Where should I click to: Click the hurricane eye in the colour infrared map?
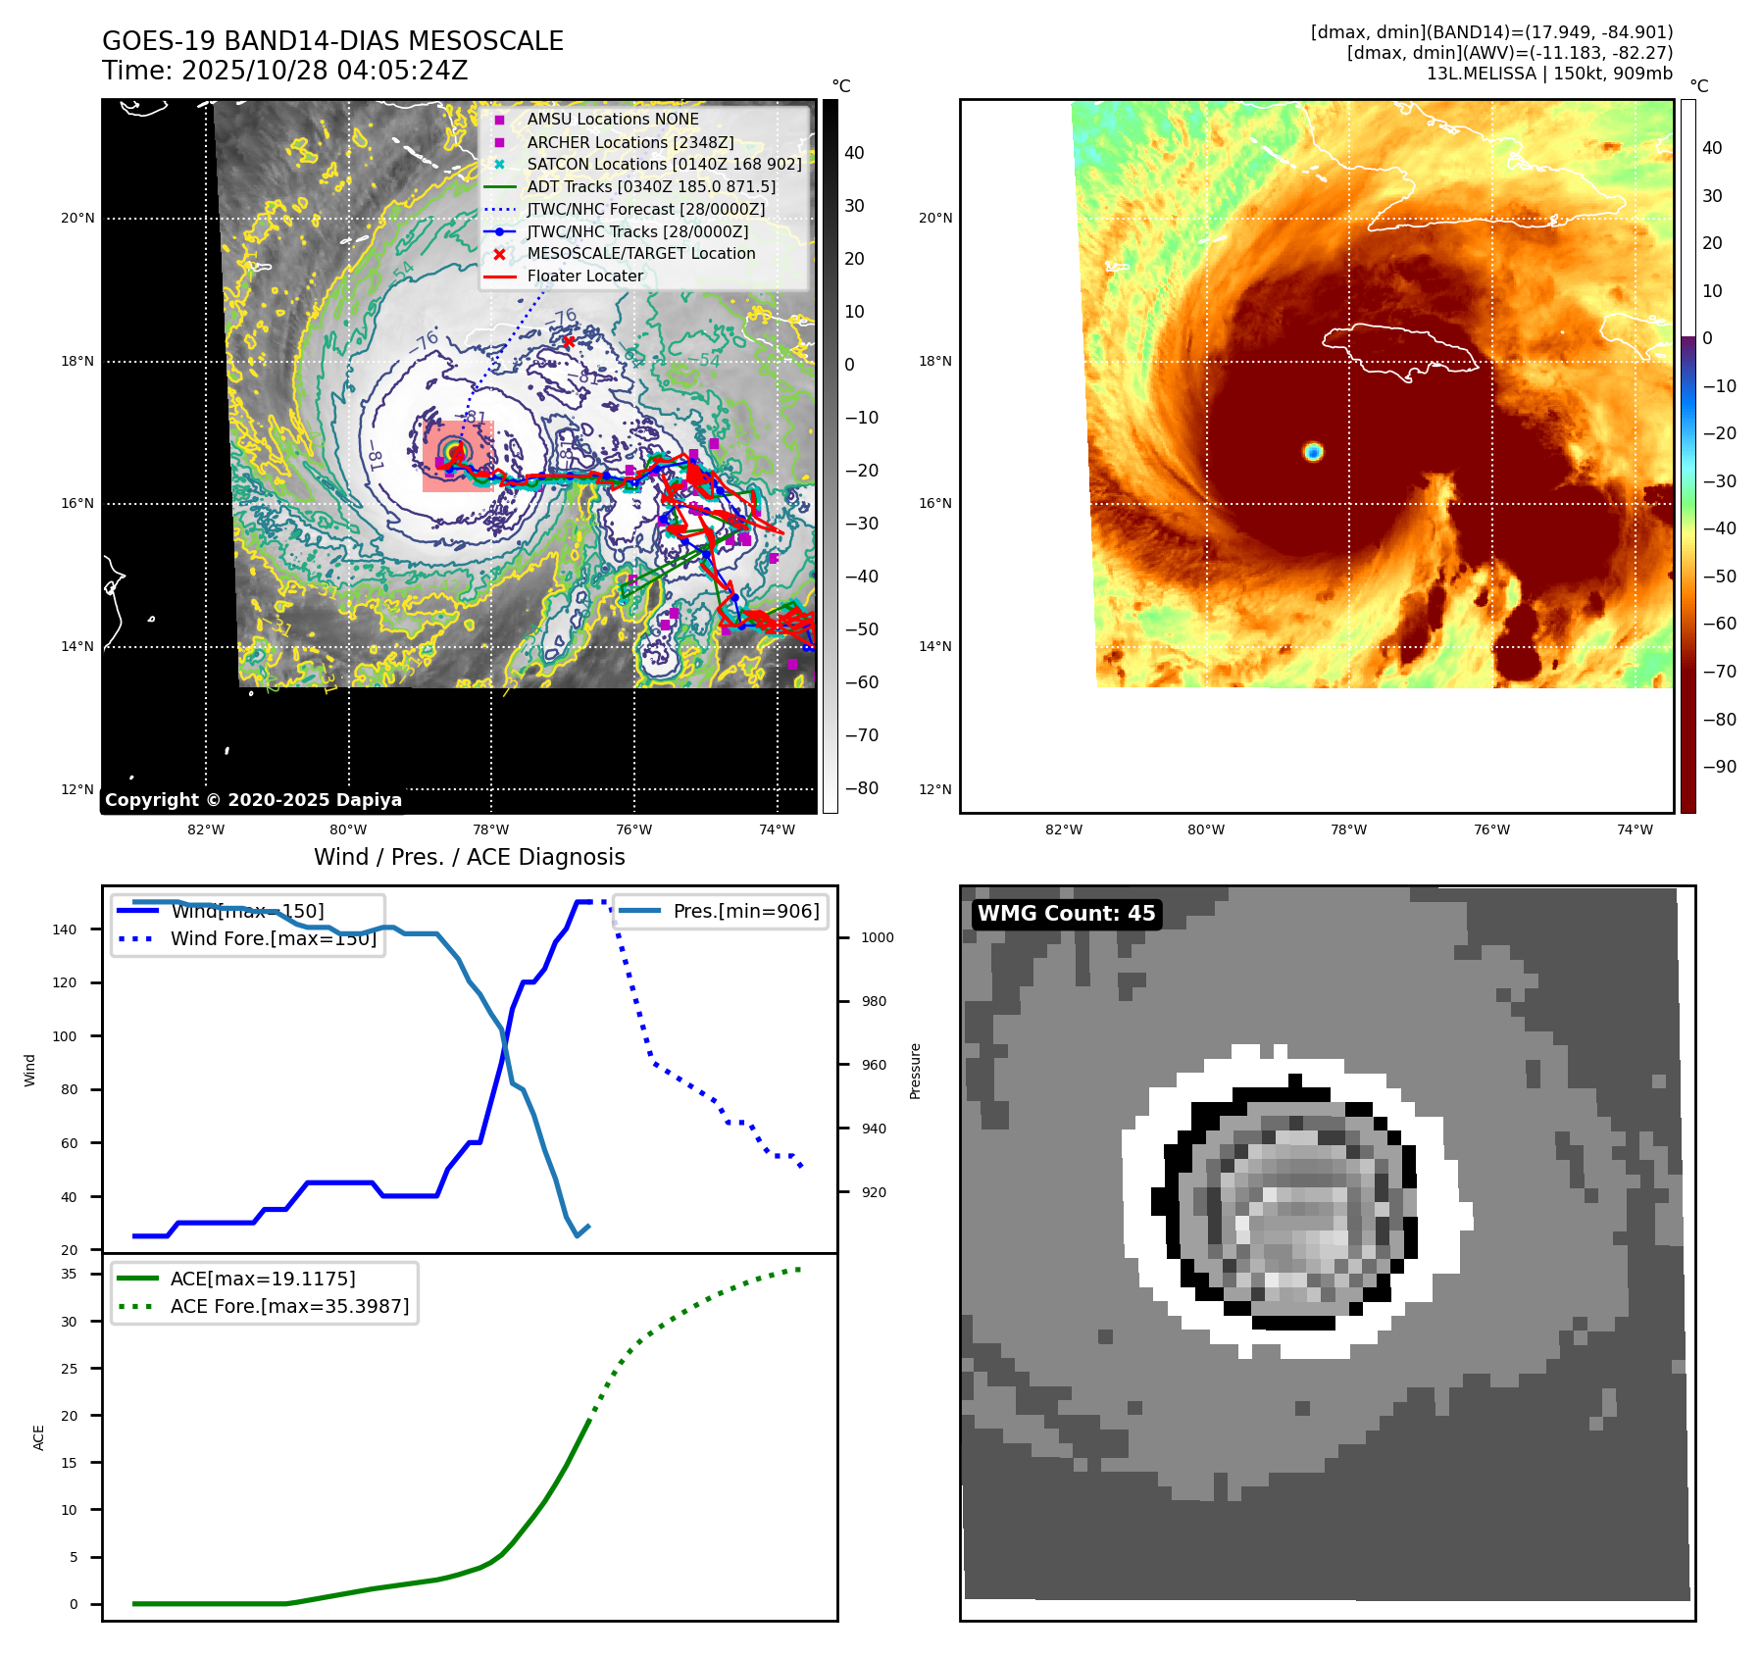pos(1313,452)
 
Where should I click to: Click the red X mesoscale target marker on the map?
pos(569,341)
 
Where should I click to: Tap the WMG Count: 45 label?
pos(1066,914)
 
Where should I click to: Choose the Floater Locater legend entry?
pos(584,276)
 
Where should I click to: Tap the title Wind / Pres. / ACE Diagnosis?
pos(469,857)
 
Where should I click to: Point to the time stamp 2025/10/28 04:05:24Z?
pos(325,71)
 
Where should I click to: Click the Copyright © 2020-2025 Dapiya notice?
pos(253,800)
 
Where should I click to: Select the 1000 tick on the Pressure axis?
pos(877,937)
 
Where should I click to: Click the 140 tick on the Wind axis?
pos(64,929)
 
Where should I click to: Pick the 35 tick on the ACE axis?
pos(69,1274)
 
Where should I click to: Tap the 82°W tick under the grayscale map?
pos(206,829)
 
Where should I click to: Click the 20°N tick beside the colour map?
pos(934,218)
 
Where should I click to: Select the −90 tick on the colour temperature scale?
pos(1719,767)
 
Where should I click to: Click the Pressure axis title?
pos(915,1071)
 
